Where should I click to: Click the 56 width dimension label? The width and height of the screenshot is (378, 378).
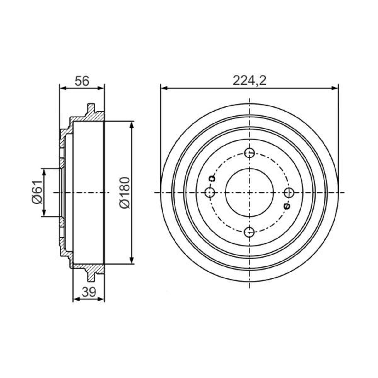[82, 81]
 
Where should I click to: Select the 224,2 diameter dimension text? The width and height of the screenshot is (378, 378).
[249, 81]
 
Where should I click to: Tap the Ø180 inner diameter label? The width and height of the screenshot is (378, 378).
[125, 192]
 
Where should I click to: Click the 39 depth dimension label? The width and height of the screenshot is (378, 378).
[89, 292]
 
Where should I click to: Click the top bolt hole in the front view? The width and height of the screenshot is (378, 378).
[249, 153]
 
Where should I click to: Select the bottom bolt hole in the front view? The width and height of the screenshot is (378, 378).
[249, 232]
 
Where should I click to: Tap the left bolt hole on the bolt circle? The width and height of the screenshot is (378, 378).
[210, 193]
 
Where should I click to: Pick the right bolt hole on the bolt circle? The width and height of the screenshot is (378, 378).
[289, 193]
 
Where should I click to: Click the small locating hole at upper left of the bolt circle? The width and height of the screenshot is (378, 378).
[212, 179]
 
